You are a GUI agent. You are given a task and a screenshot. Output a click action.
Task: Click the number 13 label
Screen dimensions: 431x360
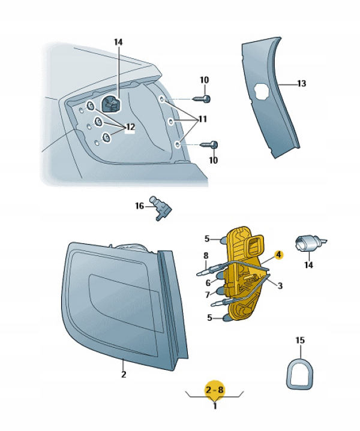301,83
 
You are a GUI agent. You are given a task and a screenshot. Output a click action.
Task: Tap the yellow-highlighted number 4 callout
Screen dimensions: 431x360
278,255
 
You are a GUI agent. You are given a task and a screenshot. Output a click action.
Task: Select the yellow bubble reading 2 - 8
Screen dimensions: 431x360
215,390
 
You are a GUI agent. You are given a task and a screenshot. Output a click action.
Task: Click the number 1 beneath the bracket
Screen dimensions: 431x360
215,406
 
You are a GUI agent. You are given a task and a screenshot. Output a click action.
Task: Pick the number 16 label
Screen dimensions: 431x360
139,206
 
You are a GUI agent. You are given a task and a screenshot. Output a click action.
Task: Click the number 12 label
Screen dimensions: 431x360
130,127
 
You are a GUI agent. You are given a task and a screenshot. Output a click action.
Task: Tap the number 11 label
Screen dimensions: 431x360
203,119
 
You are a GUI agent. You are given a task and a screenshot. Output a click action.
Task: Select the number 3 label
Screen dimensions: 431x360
280,285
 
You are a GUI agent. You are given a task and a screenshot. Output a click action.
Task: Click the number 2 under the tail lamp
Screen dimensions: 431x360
124,375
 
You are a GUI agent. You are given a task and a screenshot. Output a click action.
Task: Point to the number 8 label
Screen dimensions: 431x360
206,255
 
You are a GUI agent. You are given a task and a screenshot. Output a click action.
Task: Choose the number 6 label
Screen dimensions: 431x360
208,282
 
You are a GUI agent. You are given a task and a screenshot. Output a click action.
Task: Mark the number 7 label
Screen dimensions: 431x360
208,295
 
